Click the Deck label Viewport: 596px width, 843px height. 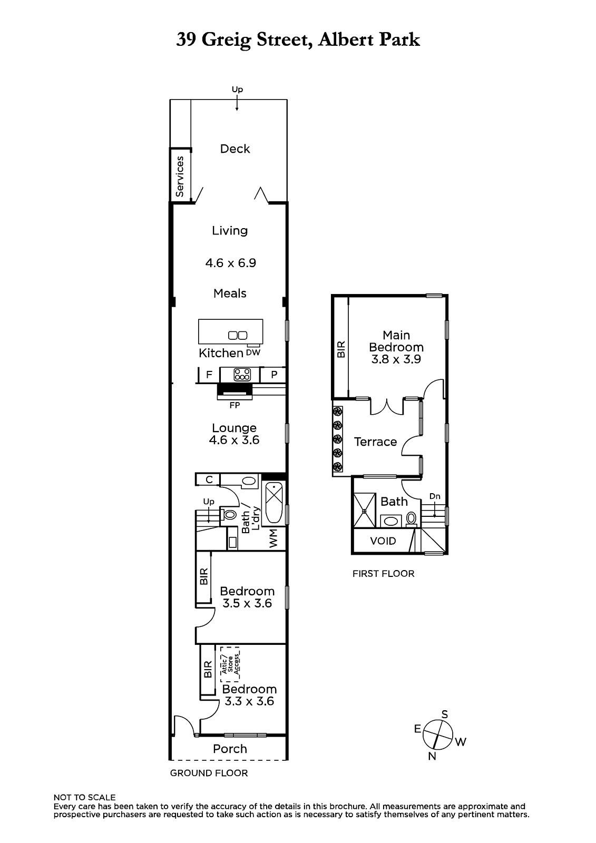tap(235, 149)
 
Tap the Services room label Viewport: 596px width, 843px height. tap(180, 177)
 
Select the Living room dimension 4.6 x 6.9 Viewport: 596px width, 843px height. tap(230, 263)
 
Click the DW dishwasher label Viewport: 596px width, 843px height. tap(253, 352)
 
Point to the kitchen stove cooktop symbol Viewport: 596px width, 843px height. tap(242, 375)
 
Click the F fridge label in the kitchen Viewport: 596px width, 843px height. tap(209, 375)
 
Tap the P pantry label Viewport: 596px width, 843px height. tap(274, 375)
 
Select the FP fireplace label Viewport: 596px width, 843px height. tap(235, 405)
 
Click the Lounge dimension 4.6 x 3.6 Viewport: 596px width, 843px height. tap(234, 440)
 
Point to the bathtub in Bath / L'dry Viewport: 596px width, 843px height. tap(274, 504)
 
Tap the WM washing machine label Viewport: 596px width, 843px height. tap(273, 538)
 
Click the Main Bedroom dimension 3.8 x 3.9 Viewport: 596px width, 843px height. tap(396, 359)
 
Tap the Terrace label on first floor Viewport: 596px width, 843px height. tap(375, 442)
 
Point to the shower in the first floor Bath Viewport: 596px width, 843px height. tap(365, 511)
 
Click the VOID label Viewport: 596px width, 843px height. tap(383, 541)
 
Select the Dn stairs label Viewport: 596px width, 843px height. tap(435, 496)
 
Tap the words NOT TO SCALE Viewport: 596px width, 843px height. tap(84, 797)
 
